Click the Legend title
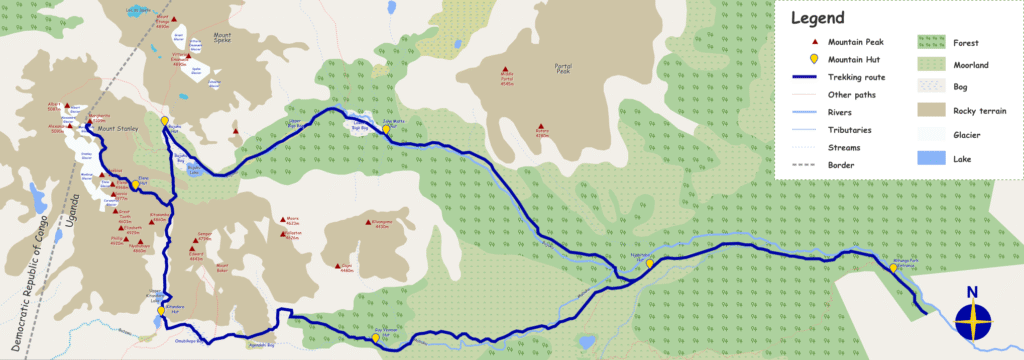(x=818, y=18)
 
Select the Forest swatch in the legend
(x=932, y=43)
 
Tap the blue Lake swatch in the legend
(x=932, y=157)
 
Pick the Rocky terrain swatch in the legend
(x=932, y=111)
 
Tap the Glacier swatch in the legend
(x=932, y=134)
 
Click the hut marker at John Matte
(x=386, y=128)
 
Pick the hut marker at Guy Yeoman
(x=375, y=337)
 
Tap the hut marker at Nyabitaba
(x=650, y=263)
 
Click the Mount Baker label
(x=225, y=268)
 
